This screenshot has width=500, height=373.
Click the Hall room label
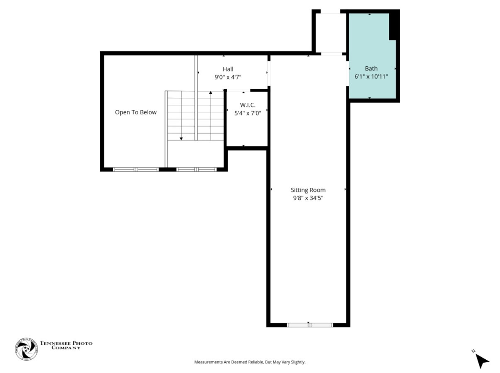pos(228,69)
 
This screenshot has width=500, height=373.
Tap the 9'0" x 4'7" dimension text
pos(228,77)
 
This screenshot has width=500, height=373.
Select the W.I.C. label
pos(248,105)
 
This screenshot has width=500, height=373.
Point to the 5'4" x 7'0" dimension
pos(248,113)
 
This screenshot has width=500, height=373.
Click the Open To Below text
pos(136,112)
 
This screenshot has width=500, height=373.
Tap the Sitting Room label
pos(308,190)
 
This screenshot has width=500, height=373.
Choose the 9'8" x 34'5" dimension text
pos(308,198)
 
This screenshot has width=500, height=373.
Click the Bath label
pos(371,68)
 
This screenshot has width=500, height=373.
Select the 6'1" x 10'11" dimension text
pos(371,77)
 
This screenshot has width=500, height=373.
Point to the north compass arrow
pos(481,361)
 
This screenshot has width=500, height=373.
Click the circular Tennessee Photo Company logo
pos(27,349)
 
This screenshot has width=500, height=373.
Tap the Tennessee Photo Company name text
pos(66,345)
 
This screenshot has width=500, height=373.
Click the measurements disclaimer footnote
pos(250,362)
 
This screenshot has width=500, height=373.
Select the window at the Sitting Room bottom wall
pos(310,325)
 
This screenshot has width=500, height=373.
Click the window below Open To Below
pos(136,170)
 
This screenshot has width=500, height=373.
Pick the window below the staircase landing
pos(197,170)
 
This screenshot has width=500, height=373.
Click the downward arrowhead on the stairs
pos(181,139)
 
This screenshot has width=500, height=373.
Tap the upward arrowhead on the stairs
pos(211,92)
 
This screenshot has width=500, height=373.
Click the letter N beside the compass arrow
pos(473,351)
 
